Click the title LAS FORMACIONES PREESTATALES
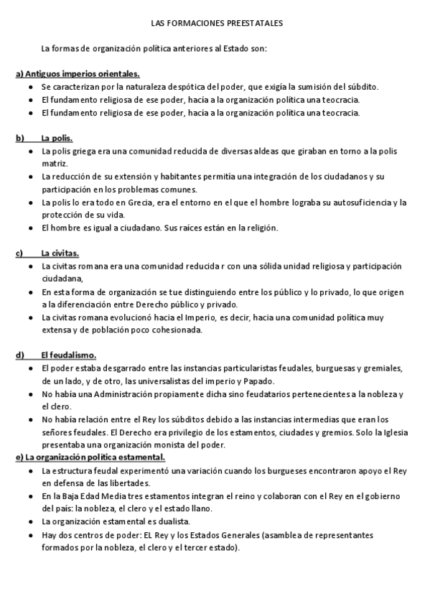click(x=217, y=24)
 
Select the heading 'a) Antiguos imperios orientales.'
click(x=78, y=74)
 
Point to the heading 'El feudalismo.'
click(x=68, y=355)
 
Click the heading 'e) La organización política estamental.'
click(x=90, y=457)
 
